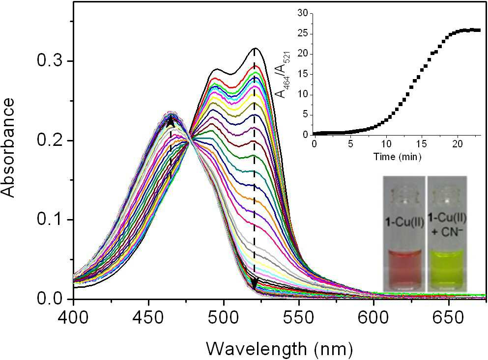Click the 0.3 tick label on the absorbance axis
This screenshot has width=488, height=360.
click(53, 61)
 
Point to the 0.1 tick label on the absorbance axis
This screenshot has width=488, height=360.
click(53, 220)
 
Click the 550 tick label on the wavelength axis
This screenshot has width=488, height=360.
click(299, 318)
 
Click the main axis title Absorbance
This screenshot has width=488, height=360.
click(8, 148)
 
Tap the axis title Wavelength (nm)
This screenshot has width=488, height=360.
click(280, 349)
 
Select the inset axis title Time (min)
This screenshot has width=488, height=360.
click(398, 156)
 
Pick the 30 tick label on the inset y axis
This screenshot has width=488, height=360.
click(303, 13)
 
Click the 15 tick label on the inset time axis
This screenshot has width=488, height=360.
click(421, 145)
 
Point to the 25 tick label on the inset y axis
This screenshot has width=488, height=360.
click(303, 33)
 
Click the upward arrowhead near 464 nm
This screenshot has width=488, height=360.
click(171, 122)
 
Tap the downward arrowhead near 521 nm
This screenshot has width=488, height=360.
click(255, 283)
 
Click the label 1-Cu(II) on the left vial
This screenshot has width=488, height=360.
click(404, 223)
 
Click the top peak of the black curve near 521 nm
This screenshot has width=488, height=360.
click(255, 48)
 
